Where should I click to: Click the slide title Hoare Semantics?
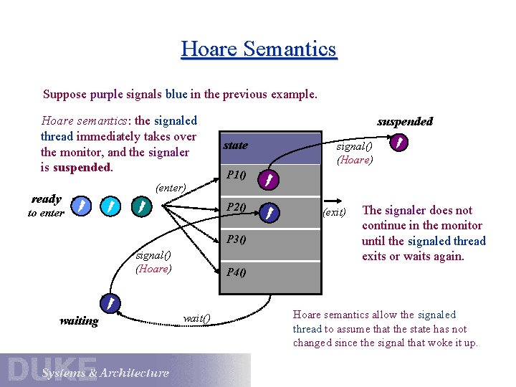pyautogui.click(x=259, y=49)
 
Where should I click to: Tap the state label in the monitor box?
pyautogui.click(x=235, y=145)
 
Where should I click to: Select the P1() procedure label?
pyautogui.click(x=236, y=175)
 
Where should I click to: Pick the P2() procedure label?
pyautogui.click(x=236, y=208)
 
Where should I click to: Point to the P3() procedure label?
pyautogui.click(x=236, y=240)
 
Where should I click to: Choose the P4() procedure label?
pyautogui.click(x=236, y=272)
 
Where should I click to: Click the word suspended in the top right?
pyautogui.click(x=405, y=121)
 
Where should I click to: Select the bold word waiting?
pyautogui.click(x=79, y=321)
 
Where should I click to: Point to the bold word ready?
pyautogui.click(x=47, y=199)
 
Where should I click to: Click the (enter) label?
pyautogui.click(x=171, y=188)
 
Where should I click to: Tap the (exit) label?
pyautogui.click(x=334, y=212)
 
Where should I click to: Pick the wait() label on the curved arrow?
pyautogui.click(x=196, y=318)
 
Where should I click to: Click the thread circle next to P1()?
pyautogui.click(x=267, y=179)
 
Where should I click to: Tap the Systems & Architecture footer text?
pyautogui.click(x=105, y=373)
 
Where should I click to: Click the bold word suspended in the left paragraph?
pyautogui.click(x=82, y=167)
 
